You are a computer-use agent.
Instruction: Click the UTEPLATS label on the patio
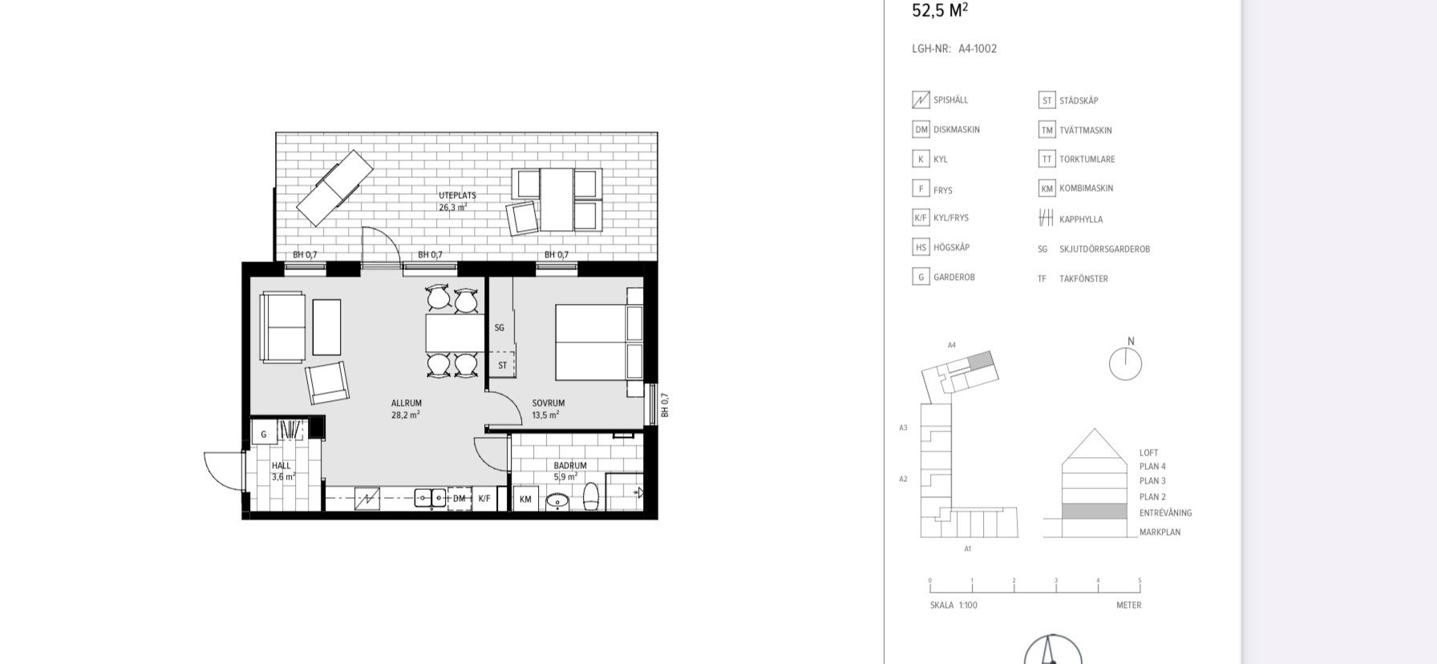point(457,196)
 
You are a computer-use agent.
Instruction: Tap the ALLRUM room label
point(407,403)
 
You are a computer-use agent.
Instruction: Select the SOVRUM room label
point(548,403)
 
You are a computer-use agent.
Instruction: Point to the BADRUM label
point(570,466)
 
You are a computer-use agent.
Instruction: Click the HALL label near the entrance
point(281,466)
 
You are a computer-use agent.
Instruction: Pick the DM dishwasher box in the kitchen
point(459,499)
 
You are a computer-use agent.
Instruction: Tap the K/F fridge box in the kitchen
point(484,499)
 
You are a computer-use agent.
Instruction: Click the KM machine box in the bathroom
point(525,500)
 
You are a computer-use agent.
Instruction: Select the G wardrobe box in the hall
point(263,435)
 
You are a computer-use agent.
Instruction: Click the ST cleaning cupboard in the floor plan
point(502,365)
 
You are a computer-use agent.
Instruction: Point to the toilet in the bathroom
point(591,496)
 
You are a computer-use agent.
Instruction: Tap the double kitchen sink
point(430,498)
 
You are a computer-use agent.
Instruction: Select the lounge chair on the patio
point(334,188)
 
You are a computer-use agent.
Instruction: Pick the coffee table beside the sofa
point(326,327)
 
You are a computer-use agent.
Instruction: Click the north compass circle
point(1125,364)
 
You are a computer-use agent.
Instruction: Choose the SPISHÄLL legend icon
point(921,100)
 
